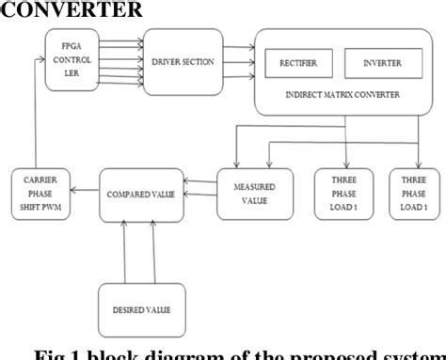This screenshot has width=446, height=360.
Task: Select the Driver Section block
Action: click(x=179, y=62)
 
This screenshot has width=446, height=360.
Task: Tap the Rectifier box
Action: click(x=299, y=64)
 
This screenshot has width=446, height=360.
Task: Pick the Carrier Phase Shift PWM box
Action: click(x=40, y=194)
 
